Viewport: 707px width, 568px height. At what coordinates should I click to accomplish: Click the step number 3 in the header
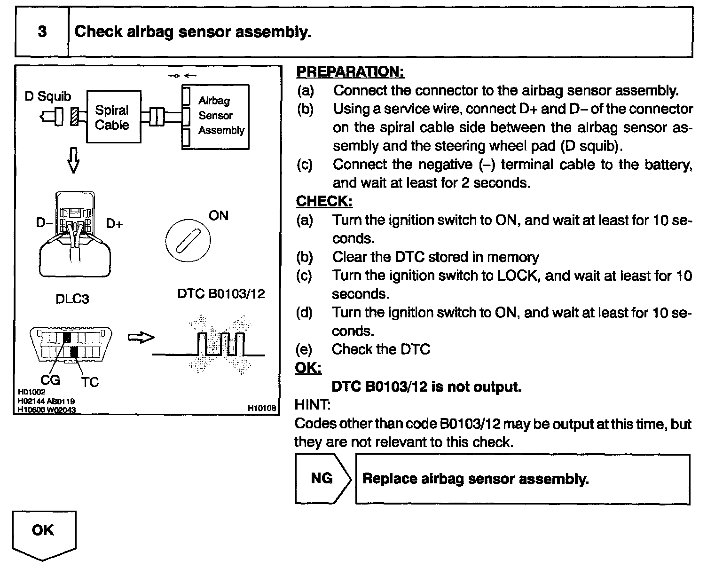pos(42,32)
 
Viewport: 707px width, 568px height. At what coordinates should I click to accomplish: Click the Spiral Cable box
pos(114,117)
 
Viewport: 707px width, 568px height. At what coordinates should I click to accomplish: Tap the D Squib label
pos(48,96)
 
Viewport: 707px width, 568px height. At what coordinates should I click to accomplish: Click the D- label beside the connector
pos(44,222)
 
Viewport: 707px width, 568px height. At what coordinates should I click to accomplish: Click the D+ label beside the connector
pos(114,223)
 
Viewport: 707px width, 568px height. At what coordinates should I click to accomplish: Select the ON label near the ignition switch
pos(219,216)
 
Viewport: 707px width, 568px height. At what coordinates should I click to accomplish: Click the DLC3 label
pos(72,299)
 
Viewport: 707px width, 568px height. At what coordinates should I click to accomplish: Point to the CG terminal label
pos(50,379)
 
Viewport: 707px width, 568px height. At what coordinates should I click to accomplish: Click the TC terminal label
pos(90,382)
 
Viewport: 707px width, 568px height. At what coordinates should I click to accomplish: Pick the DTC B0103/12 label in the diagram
pos(221,294)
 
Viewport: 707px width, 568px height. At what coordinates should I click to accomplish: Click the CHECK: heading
pos(324,201)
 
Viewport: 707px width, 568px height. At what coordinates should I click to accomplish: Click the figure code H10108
pos(262,409)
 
